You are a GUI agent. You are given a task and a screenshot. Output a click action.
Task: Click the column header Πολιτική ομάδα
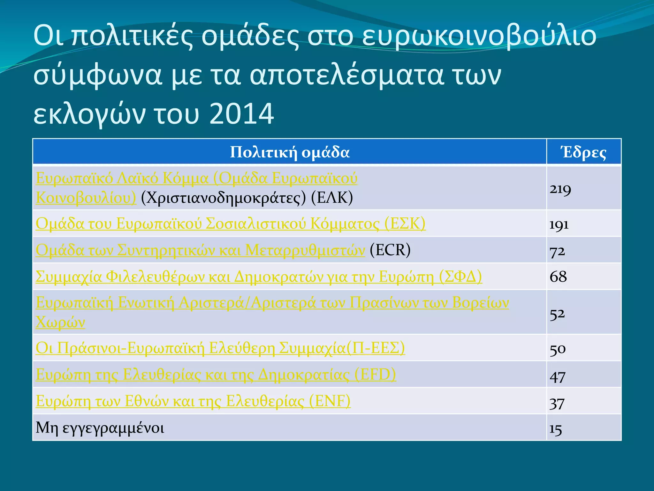click(290, 152)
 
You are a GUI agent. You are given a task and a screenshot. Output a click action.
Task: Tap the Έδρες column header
click(584, 152)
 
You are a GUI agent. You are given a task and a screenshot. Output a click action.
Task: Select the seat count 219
click(560, 189)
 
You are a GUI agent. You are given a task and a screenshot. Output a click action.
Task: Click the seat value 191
click(559, 224)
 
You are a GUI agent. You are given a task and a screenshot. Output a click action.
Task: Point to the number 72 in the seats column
click(557, 251)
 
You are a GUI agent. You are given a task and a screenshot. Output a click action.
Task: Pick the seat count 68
click(558, 277)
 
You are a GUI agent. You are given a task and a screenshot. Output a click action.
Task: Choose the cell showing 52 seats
click(557, 314)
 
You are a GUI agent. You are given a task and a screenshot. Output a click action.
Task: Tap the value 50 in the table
click(558, 349)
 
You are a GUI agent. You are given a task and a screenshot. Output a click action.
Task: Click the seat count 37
click(557, 403)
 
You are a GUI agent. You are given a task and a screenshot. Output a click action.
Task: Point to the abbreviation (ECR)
click(390, 250)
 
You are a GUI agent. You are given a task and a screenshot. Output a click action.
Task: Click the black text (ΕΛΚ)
click(332, 198)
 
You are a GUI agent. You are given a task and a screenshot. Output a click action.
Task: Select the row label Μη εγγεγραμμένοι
click(100, 428)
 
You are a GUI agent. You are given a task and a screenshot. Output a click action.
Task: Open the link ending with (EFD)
click(216, 374)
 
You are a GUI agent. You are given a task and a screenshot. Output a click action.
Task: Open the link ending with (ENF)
click(193, 401)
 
